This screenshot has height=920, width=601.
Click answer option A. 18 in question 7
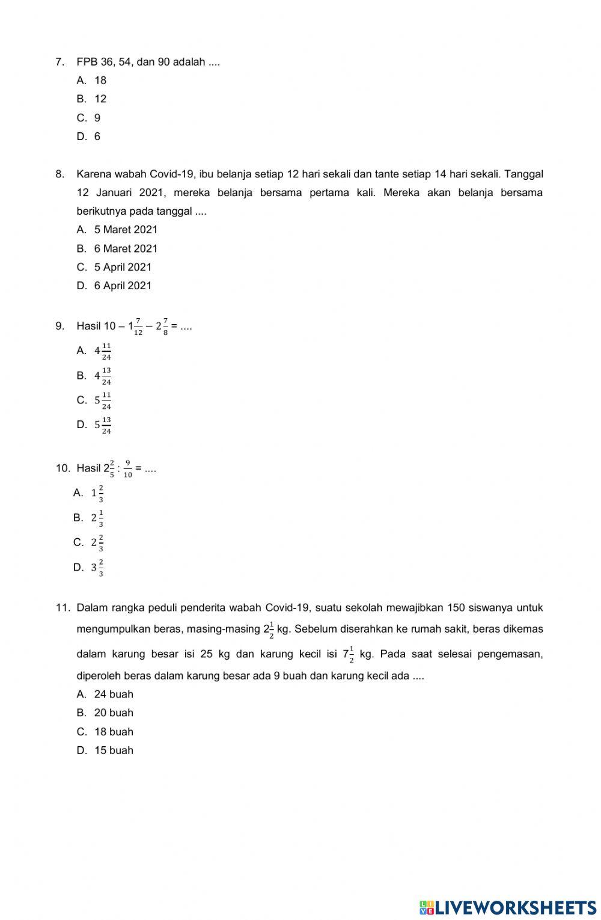100,80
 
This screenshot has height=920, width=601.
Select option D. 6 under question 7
97,136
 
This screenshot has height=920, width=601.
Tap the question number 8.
59,174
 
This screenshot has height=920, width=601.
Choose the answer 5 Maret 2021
126,230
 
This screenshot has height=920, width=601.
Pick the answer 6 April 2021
123,286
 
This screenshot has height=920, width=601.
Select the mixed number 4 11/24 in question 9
103,351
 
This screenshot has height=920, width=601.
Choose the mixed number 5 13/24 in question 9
103,425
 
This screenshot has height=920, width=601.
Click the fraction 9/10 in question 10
128,469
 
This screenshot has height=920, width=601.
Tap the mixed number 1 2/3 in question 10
97,494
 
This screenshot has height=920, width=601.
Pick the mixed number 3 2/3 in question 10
97,568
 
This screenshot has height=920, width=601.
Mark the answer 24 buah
114,695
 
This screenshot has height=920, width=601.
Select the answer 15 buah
114,750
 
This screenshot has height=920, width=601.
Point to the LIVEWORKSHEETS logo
508,907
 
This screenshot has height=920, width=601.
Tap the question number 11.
63,608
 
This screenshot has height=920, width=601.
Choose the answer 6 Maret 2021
126,248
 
